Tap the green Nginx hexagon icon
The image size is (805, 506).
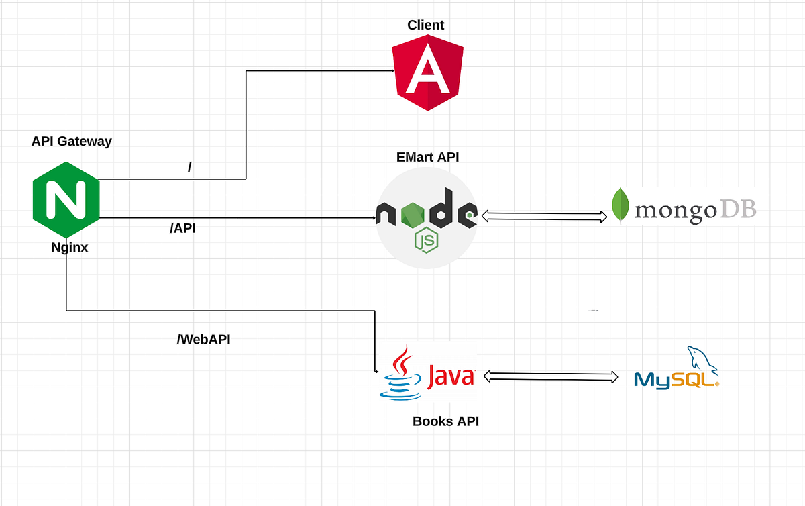[x=66, y=199]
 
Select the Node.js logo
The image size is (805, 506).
[x=427, y=219]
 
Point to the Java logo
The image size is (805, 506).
[x=427, y=374]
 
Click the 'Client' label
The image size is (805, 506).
[x=426, y=26]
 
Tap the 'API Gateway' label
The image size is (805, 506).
[x=72, y=142]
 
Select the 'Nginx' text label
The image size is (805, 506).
[x=70, y=248]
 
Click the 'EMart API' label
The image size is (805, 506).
[x=428, y=158]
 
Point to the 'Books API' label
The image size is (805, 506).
[x=445, y=422]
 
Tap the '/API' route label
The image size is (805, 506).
[x=183, y=229]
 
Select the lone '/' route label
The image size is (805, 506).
[x=190, y=167]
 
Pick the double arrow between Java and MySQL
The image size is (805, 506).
[x=550, y=376]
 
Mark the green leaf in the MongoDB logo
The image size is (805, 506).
[x=620, y=205]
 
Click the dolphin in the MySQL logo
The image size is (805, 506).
[x=701, y=360]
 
